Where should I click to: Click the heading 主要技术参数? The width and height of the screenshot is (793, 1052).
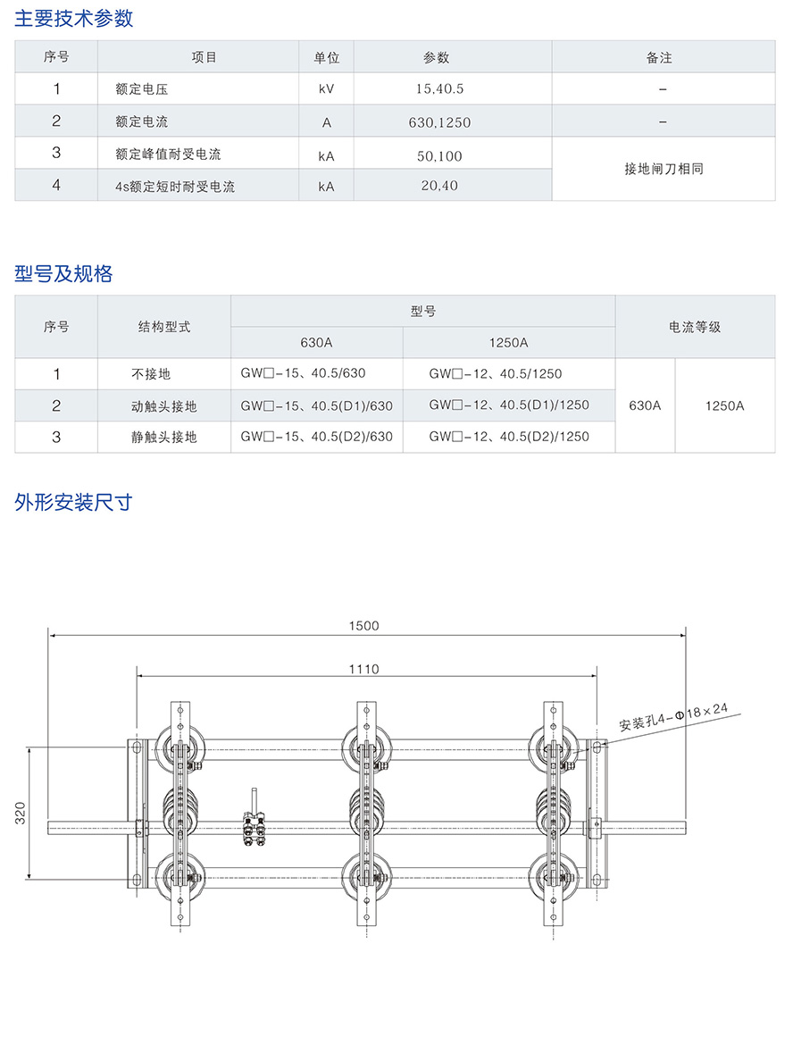click(74, 18)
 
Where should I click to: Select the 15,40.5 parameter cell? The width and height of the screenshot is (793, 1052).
click(440, 89)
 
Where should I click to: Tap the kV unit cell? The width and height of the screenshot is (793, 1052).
click(326, 89)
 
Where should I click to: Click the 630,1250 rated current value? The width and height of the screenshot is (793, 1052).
click(440, 122)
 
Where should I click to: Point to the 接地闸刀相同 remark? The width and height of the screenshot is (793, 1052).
click(664, 168)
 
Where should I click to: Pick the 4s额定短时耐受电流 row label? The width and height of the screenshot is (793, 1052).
click(175, 188)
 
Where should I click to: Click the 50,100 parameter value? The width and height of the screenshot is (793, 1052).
click(440, 155)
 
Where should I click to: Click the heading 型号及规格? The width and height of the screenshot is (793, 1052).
click(63, 274)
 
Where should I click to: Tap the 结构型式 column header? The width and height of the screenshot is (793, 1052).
click(164, 327)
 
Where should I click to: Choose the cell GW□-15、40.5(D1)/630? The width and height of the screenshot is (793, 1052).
click(317, 405)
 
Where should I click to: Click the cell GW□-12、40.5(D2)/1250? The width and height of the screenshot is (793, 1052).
click(509, 437)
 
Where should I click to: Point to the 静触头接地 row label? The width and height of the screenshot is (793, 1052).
click(163, 437)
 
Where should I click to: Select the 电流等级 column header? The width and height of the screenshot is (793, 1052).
click(695, 327)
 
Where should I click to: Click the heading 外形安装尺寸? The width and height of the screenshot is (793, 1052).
click(73, 502)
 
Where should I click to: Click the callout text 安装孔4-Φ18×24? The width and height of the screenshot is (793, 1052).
click(674, 717)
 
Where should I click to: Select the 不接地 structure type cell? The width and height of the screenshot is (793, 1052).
click(151, 374)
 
